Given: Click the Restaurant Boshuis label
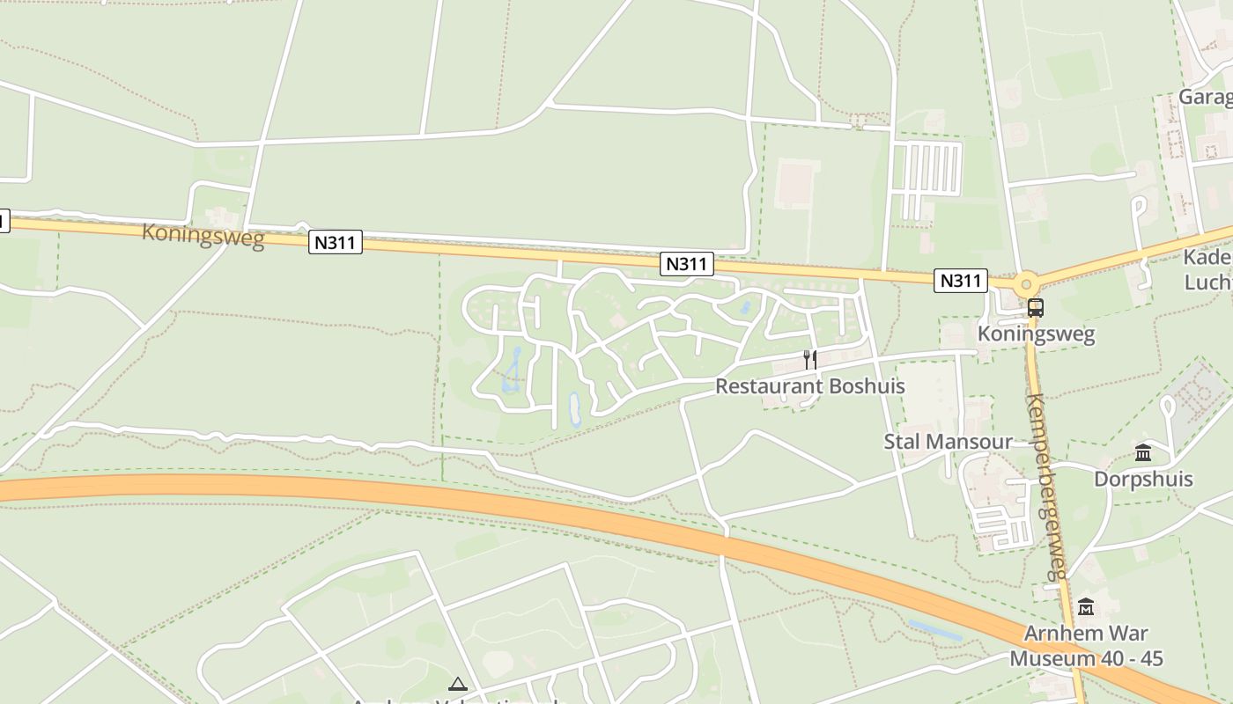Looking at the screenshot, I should click(x=809, y=386).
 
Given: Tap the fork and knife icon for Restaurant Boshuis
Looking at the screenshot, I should click(x=810, y=359).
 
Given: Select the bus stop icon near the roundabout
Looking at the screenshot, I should click(x=1036, y=308).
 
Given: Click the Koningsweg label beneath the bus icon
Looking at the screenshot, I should click(x=1037, y=334).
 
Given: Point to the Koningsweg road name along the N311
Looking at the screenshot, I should click(x=203, y=235).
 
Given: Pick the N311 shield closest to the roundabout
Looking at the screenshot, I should click(x=961, y=281).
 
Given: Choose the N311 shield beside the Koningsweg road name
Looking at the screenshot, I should click(x=336, y=242).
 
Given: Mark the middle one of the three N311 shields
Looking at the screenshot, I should click(x=687, y=264).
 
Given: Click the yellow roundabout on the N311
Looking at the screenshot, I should click(x=1025, y=285).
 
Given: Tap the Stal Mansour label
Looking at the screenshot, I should click(x=948, y=442).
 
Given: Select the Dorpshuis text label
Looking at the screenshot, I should click(x=1143, y=480).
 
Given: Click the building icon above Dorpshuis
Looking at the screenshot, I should click(x=1143, y=453).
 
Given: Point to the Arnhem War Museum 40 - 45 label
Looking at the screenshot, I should click(x=1086, y=646).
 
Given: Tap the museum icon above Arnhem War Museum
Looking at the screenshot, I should click(x=1085, y=607).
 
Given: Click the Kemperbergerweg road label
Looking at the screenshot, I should click(x=1046, y=486).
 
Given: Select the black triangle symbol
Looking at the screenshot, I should click(x=457, y=684).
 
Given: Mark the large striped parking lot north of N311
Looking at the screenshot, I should click(x=927, y=169).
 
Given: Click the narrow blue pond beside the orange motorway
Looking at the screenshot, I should click(x=935, y=630).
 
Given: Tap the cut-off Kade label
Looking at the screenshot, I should click(x=1207, y=258).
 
